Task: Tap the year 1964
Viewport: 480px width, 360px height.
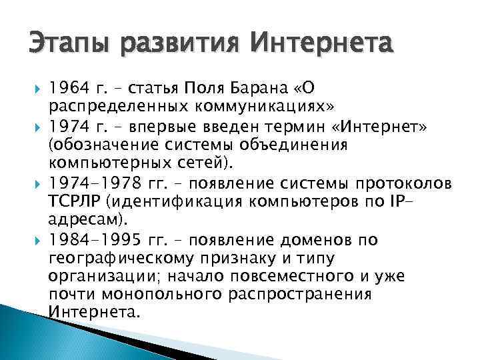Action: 68,89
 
